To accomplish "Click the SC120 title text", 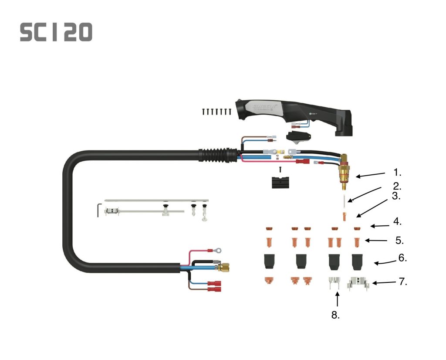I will coord(56,32).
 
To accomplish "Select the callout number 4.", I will coord(397,221).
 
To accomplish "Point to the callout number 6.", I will coord(402,258).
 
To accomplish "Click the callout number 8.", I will coord(335,315).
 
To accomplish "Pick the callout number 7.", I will coord(403,282).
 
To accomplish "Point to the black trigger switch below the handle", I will coord(298,136).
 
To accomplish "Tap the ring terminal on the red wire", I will coord(216,251).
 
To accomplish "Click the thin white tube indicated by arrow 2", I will coord(344,201).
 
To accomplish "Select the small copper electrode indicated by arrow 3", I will coord(345,216).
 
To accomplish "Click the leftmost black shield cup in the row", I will coord(269,261).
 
